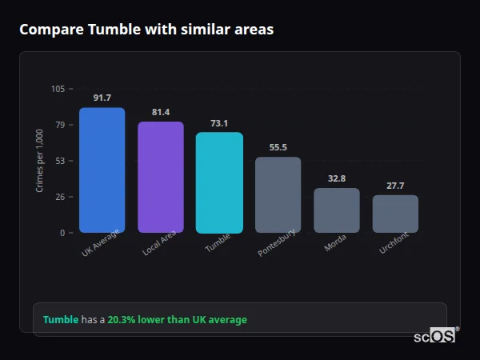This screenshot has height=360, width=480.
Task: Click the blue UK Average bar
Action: (102, 170)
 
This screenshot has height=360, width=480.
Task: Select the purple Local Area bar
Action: (161, 178)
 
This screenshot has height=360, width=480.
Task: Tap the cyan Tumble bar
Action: (219, 182)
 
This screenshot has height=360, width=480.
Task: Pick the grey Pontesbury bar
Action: (278, 195)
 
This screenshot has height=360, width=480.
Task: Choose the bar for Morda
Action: (337, 210)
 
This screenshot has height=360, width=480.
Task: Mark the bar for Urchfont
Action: (395, 214)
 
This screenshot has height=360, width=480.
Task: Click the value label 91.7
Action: (102, 98)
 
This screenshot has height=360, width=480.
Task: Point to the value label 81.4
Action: (161, 112)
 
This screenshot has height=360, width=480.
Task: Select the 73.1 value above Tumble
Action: (219, 123)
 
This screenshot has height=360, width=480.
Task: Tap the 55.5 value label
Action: (278, 147)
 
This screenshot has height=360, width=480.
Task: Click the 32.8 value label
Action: (337, 178)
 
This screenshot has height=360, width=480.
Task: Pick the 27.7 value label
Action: (395, 186)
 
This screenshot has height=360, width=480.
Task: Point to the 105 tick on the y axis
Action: (58, 89)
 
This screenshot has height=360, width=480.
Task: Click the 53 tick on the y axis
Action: (60, 161)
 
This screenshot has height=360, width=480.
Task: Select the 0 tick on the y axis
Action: (62, 233)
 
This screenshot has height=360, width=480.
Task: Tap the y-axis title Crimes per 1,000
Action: (40, 161)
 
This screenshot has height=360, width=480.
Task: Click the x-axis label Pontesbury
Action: (278, 242)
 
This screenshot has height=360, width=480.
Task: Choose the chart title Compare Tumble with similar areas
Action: (146, 30)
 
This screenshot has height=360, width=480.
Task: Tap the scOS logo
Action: (435, 336)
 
